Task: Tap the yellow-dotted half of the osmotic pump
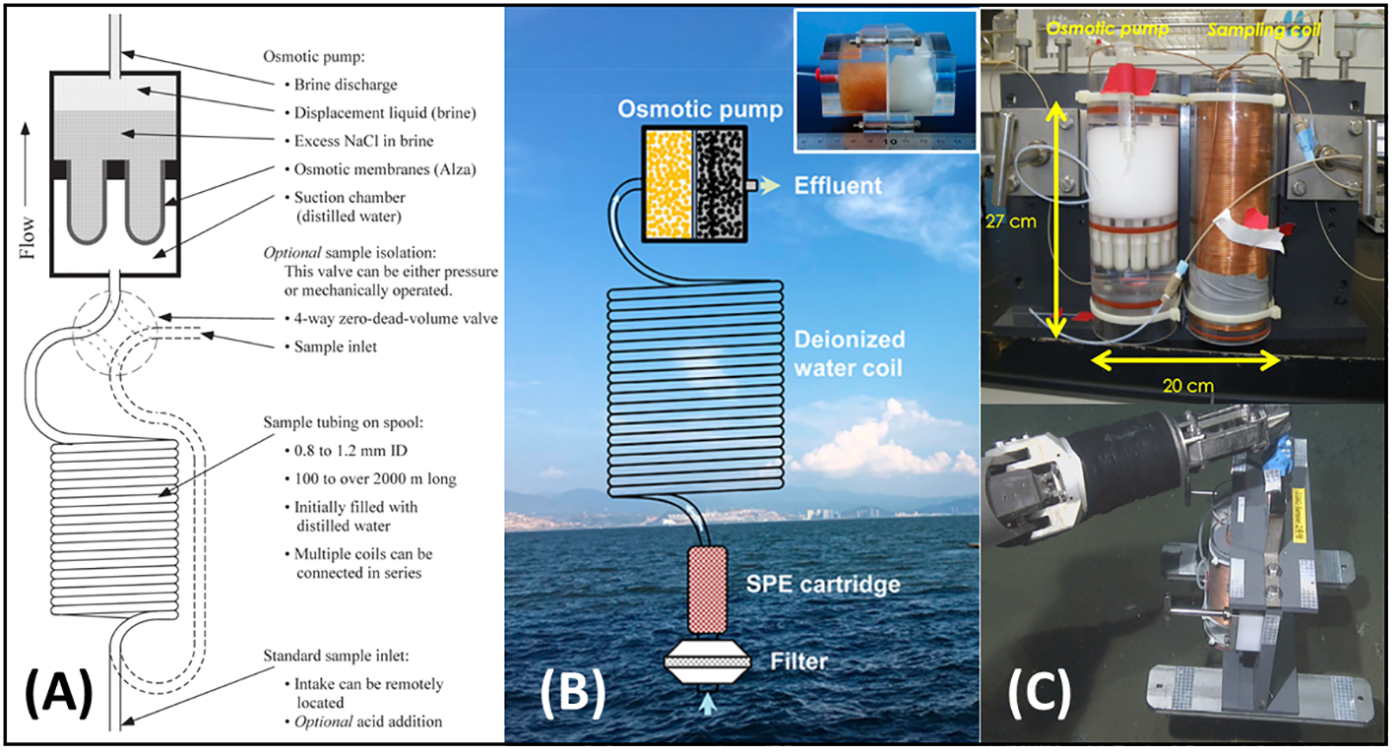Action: pos(668,183)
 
